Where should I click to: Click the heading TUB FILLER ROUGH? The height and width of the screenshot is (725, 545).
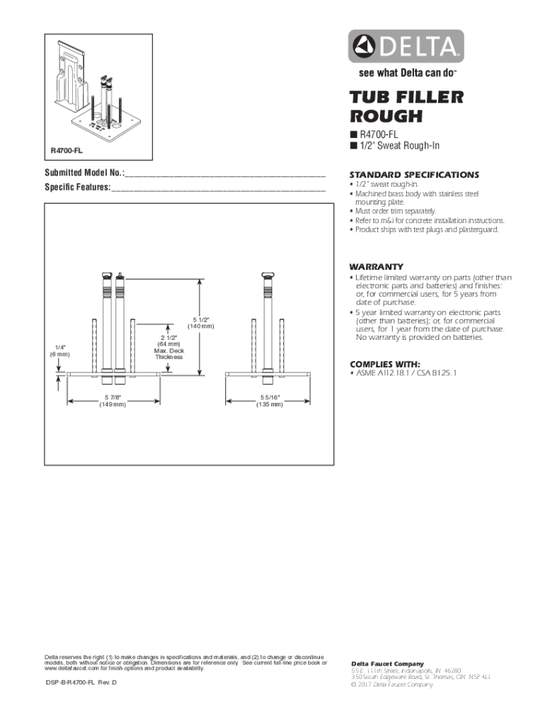tap(406, 106)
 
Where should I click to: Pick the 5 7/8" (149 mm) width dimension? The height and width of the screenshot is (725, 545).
tap(112, 401)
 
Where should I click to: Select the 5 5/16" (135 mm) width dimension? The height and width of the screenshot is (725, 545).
tap(270, 401)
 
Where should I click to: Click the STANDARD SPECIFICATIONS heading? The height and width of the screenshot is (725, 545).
tap(414, 175)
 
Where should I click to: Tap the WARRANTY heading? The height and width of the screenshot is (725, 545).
tap(376, 266)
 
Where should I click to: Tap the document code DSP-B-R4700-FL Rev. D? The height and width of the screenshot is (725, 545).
tap(81, 681)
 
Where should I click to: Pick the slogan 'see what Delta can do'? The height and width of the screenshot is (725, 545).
tap(401, 73)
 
